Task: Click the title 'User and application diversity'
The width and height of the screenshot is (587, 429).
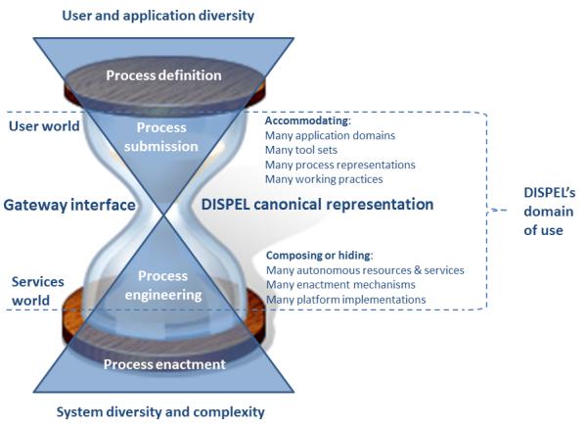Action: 158,16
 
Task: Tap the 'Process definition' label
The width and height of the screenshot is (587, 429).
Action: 163,75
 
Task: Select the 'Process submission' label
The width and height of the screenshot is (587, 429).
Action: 161,137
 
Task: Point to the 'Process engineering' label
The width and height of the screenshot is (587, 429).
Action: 163,285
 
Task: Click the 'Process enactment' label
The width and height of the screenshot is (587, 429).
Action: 164,364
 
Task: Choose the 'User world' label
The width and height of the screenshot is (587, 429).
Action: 44,126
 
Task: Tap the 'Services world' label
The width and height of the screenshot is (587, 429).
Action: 37,291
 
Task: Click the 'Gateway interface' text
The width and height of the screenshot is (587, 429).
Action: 69,205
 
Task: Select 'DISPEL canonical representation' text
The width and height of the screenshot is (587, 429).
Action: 317,205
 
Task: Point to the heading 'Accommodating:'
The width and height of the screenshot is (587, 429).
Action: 308,120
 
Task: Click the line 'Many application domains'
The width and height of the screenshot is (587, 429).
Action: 330,135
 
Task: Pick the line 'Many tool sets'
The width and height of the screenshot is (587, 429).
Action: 301,150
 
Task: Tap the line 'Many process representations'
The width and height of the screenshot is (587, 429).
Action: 339,165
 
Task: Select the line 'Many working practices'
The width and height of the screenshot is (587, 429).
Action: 324,179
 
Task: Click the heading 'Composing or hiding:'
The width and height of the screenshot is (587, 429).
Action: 319,256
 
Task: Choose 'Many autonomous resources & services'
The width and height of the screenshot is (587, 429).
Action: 365,270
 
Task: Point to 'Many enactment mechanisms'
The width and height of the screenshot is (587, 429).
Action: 340,285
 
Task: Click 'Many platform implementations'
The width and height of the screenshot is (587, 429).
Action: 345,300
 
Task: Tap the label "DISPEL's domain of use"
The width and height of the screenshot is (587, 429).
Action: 549,212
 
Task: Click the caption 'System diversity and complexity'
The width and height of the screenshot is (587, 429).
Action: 160,411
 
